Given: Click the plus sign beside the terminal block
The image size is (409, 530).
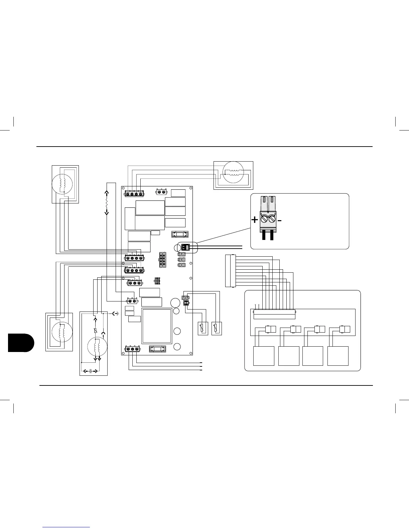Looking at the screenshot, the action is (x=255, y=220).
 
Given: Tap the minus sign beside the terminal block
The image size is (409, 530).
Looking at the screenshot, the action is (x=280, y=220).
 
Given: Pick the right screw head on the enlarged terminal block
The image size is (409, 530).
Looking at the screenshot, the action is (x=272, y=219).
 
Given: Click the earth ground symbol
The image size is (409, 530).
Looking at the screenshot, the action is (x=116, y=314).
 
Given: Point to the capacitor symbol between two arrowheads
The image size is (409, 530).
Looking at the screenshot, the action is (x=91, y=371).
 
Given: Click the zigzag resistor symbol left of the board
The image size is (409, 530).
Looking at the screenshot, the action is (x=107, y=203).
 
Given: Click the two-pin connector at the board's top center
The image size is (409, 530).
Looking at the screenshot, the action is (x=161, y=192).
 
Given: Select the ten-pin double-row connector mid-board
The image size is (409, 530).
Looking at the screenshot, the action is (x=162, y=259).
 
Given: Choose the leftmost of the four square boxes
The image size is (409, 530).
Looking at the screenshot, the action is (x=264, y=356).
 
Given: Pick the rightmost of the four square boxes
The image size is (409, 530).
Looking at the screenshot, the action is (x=338, y=356).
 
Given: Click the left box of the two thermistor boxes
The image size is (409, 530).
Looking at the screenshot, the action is (x=203, y=328).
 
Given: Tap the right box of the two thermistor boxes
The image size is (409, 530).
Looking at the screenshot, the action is (x=217, y=328).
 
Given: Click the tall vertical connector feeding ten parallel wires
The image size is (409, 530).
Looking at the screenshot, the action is (x=230, y=271).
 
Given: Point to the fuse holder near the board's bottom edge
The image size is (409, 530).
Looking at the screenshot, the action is (x=157, y=349).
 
